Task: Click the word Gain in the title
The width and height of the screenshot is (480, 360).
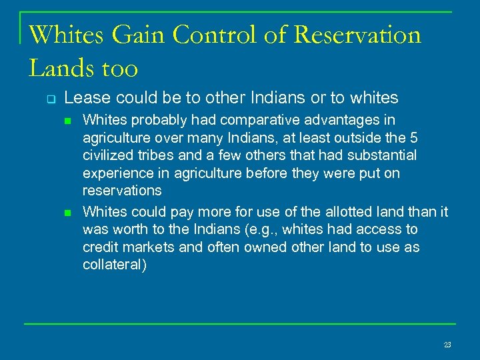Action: pyautogui.click(x=134, y=35)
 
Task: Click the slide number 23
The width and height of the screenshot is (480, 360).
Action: pyautogui.click(x=447, y=345)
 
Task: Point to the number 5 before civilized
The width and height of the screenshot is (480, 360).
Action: pyautogui.click(x=403, y=139)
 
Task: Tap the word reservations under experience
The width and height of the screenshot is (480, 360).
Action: pyautogui.click(x=121, y=191)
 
